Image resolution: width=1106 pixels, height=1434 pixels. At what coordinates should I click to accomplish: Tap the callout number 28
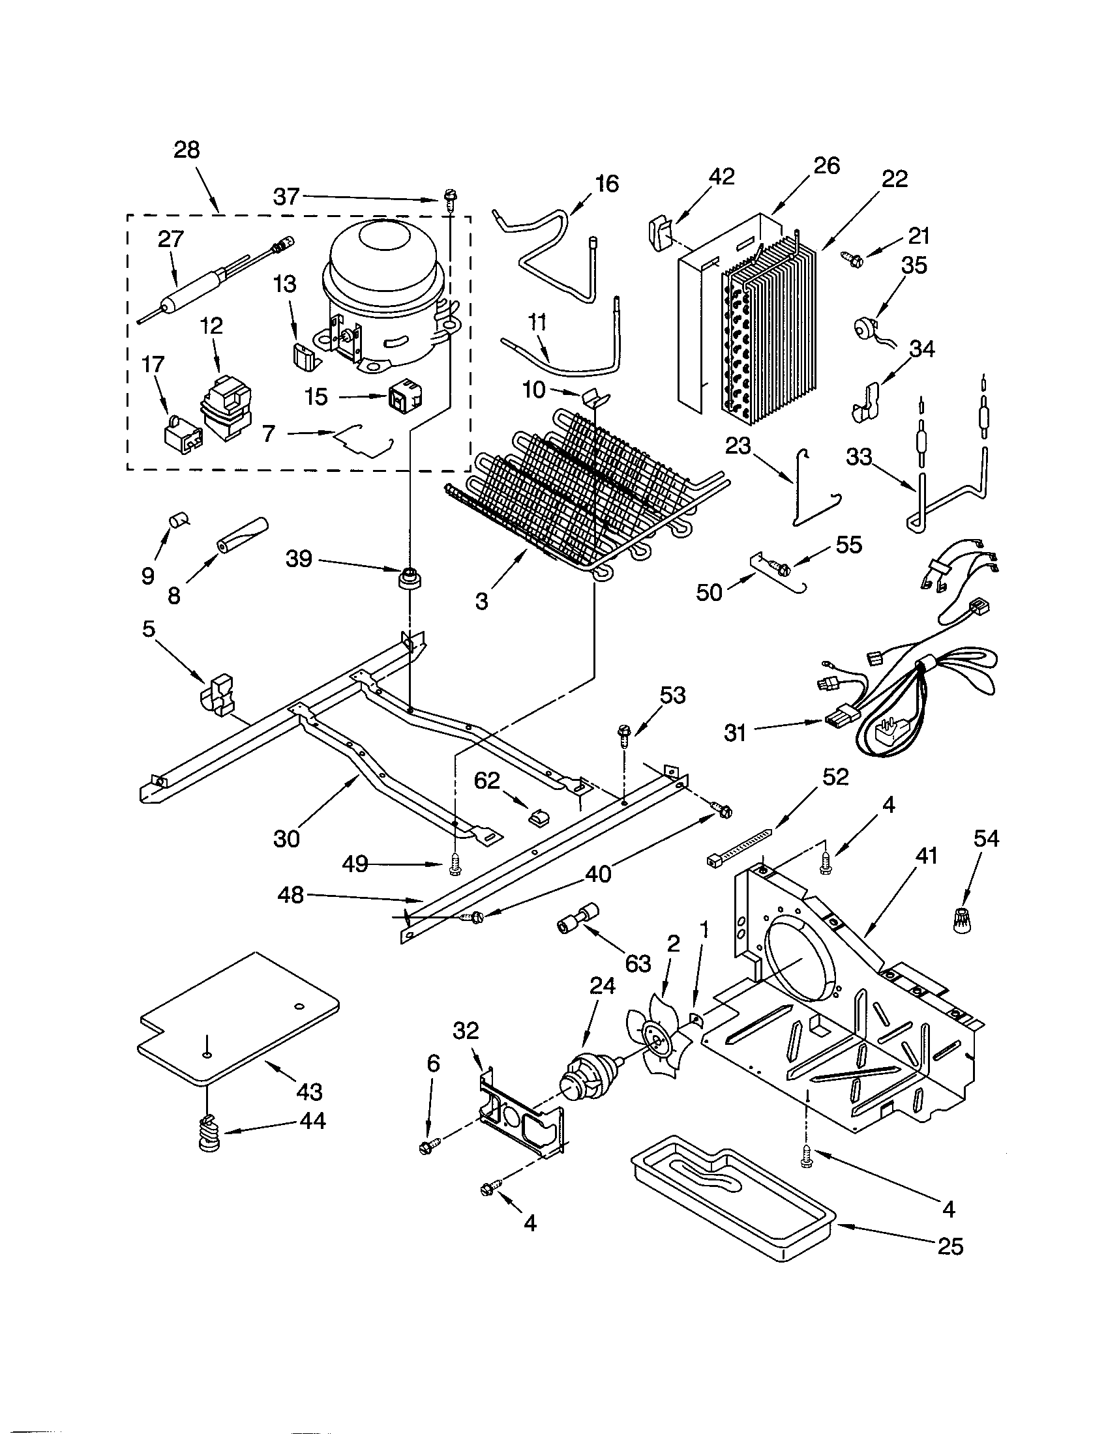(x=187, y=151)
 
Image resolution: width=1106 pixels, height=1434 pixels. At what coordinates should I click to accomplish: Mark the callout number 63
(x=637, y=963)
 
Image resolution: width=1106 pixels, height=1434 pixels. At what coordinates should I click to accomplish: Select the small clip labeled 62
(x=539, y=817)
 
